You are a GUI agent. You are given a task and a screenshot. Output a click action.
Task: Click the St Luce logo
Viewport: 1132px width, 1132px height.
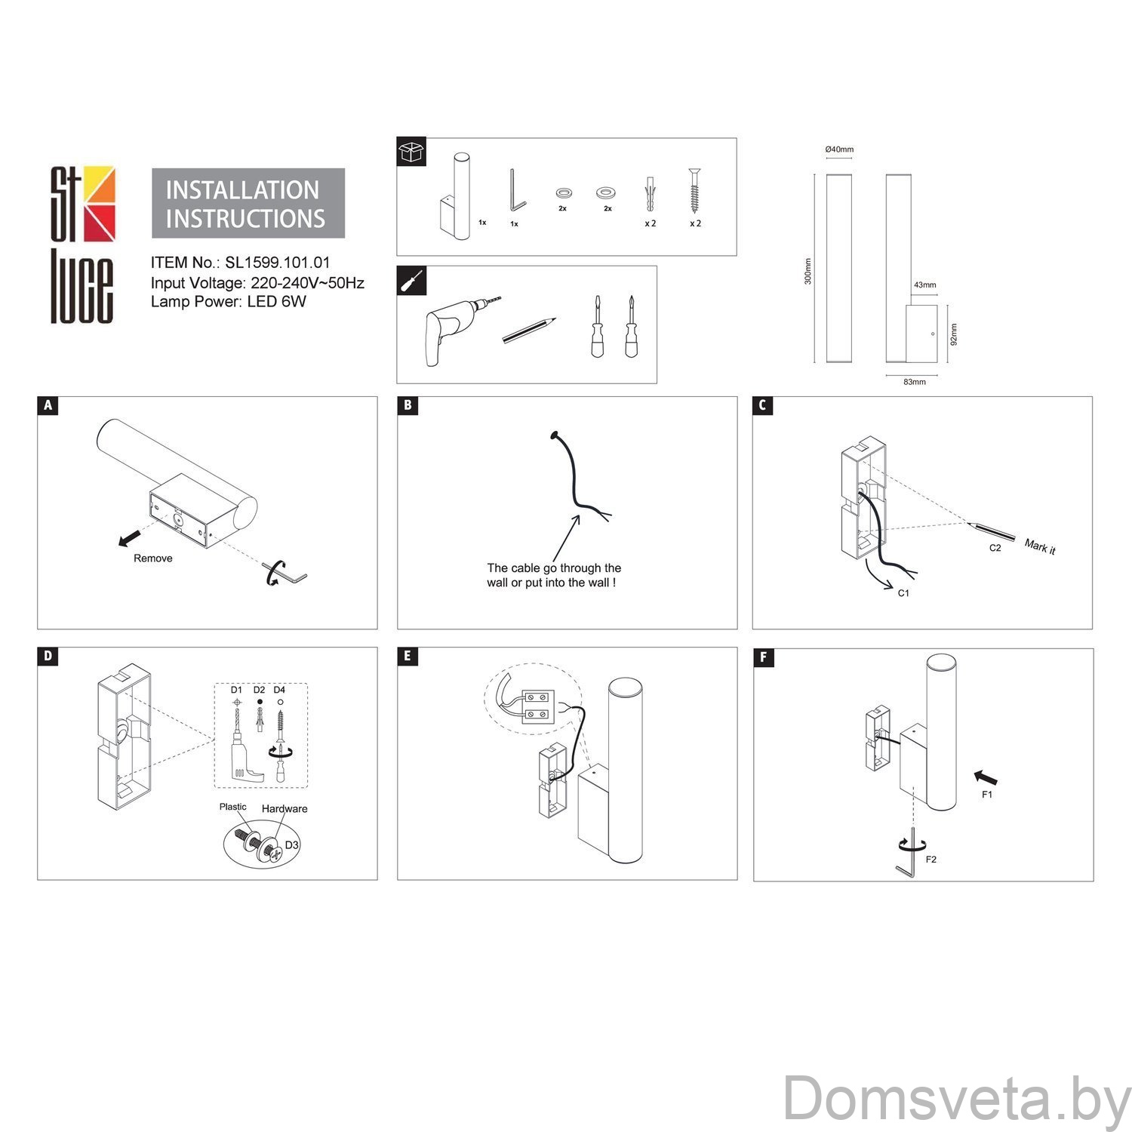point(82,245)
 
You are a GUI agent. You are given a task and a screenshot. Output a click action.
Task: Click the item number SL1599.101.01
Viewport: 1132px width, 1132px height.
point(278,263)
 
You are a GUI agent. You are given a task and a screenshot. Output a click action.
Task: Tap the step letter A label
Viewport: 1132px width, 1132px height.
point(48,406)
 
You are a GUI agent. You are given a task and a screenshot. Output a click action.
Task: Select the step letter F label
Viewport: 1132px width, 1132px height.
point(763,657)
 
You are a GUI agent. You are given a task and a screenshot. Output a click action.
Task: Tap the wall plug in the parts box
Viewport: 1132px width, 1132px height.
point(650,194)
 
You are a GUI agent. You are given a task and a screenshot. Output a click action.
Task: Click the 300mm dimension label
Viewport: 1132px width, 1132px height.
point(808,271)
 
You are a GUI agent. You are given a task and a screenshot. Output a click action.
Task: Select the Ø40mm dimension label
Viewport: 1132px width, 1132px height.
point(839,149)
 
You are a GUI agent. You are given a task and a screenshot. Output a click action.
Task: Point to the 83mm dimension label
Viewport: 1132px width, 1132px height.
point(914,382)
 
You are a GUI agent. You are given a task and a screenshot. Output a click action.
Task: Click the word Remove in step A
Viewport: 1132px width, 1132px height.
point(153,558)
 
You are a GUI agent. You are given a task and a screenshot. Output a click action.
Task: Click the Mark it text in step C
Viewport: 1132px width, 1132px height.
point(1040,547)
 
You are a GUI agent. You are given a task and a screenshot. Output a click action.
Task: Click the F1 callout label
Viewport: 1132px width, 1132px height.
point(986,795)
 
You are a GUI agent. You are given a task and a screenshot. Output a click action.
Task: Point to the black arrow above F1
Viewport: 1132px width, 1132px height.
point(986,777)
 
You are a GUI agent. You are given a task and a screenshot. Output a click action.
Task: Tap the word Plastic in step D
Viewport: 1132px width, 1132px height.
point(233,807)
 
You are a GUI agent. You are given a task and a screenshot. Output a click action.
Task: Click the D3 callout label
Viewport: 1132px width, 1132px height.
point(292,844)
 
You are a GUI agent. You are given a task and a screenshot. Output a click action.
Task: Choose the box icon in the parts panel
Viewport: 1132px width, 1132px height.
point(412,152)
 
